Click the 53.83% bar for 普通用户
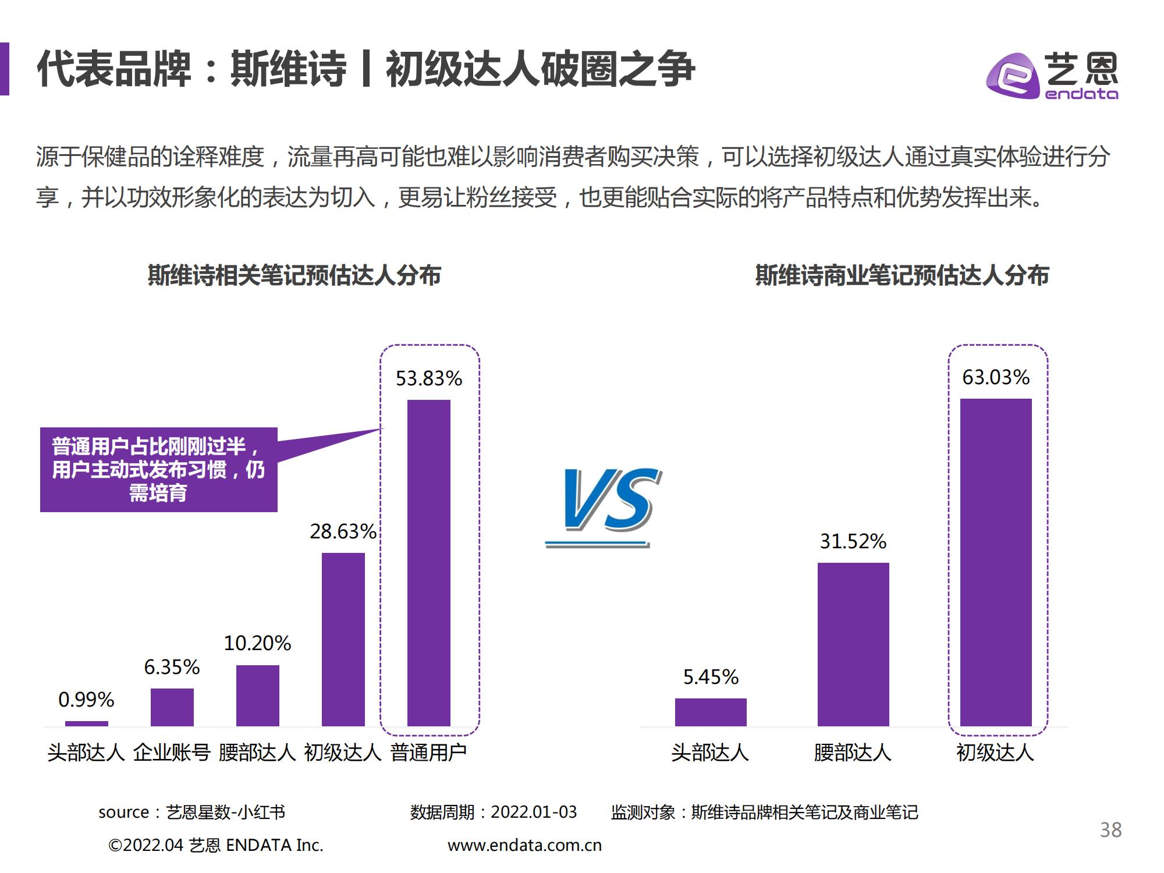(x=429, y=563)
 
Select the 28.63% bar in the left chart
(x=343, y=639)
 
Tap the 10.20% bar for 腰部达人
(x=258, y=695)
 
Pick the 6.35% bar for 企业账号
(x=172, y=707)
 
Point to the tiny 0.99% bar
(x=87, y=723)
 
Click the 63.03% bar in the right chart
(x=996, y=562)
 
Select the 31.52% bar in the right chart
(x=853, y=644)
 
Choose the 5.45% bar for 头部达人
(x=711, y=712)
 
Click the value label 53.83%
(x=429, y=379)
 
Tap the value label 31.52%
(x=853, y=542)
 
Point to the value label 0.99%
(x=86, y=700)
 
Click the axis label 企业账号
(x=172, y=753)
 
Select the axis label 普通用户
(x=429, y=753)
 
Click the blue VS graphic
(x=605, y=503)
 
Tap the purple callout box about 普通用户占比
(x=158, y=470)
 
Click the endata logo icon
(x=1013, y=76)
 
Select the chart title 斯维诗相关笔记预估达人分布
(x=294, y=275)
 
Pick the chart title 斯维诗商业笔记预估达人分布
(x=902, y=275)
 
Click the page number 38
(x=1110, y=830)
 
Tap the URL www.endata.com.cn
(x=524, y=846)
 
